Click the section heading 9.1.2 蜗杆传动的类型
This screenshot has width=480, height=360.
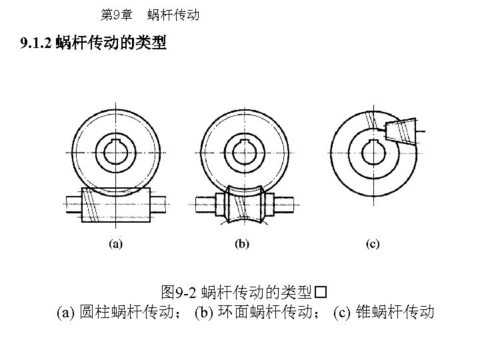coord(93,45)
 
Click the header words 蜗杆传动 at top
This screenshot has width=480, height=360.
coord(174,14)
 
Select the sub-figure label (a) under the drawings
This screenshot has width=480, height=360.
coord(115,245)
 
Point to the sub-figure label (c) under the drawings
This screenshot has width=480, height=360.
coord(373,245)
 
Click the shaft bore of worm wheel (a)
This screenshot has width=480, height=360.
coord(116,151)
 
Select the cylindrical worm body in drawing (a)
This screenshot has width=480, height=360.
coord(111,204)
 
